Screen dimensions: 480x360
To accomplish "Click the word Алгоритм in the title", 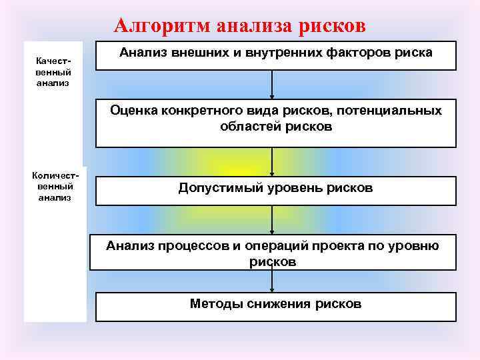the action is coord(155,25).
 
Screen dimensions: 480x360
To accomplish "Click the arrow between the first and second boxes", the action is coord(272,85).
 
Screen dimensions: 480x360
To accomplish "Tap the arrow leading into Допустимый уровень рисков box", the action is coord(272,162).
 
